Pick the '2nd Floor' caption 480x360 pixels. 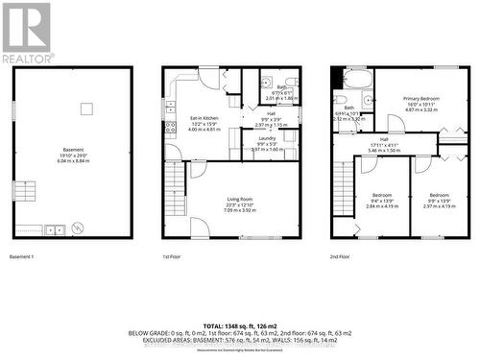[x=341, y=256]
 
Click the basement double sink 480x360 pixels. [x=53, y=229]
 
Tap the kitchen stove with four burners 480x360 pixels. [x=170, y=126]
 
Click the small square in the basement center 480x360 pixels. [x=85, y=108]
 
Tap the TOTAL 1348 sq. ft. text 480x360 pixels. [x=239, y=325]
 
